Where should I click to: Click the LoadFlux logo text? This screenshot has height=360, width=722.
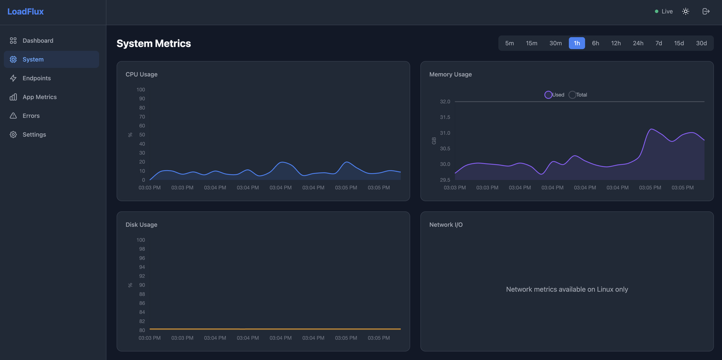(x=25, y=12)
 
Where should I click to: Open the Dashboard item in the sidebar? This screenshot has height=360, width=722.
(x=38, y=41)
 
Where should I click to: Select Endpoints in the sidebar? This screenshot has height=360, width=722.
(x=37, y=78)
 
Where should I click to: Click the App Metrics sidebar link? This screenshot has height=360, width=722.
(x=39, y=97)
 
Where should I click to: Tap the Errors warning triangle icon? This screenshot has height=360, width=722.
(x=13, y=116)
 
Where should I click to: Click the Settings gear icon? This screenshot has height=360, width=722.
(x=13, y=135)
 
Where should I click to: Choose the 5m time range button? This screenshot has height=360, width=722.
(x=509, y=43)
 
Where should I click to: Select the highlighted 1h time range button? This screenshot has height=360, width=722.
(x=577, y=43)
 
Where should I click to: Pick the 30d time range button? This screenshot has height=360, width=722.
(x=701, y=43)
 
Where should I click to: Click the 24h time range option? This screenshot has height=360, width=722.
(x=638, y=43)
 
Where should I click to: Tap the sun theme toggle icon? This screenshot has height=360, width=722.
(x=685, y=12)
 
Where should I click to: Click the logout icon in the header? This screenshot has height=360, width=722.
(x=706, y=12)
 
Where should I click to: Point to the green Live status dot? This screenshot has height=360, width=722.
(x=656, y=12)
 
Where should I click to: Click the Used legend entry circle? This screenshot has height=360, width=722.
(x=548, y=95)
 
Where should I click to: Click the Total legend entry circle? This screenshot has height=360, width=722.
(x=572, y=95)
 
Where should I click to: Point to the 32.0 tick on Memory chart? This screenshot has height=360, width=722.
(x=445, y=102)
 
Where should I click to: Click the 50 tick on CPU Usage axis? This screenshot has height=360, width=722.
(x=142, y=135)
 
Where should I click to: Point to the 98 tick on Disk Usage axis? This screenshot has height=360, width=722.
(x=142, y=249)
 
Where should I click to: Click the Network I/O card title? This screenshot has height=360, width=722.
(x=446, y=225)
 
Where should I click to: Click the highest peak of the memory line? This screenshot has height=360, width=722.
(x=651, y=129)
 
